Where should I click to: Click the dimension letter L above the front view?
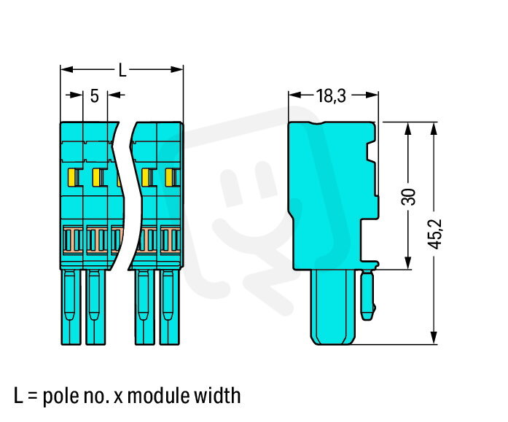(122, 70)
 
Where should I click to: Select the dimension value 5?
(94, 96)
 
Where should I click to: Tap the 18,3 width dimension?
(331, 96)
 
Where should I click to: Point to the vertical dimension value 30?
(408, 197)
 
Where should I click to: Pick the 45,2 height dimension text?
(435, 234)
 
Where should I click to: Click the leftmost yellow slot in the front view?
(73, 178)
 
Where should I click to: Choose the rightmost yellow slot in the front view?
(171, 178)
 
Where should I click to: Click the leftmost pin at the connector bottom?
(71, 307)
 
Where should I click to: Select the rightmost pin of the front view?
(169, 307)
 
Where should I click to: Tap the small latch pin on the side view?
(368, 295)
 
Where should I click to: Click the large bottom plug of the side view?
(333, 307)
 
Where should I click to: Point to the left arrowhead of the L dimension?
(67, 69)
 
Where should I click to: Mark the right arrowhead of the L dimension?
(176, 69)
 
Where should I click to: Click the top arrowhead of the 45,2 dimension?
(434, 128)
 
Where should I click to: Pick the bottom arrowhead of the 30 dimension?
(408, 262)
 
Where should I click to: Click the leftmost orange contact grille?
(73, 240)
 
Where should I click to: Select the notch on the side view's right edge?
(372, 152)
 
